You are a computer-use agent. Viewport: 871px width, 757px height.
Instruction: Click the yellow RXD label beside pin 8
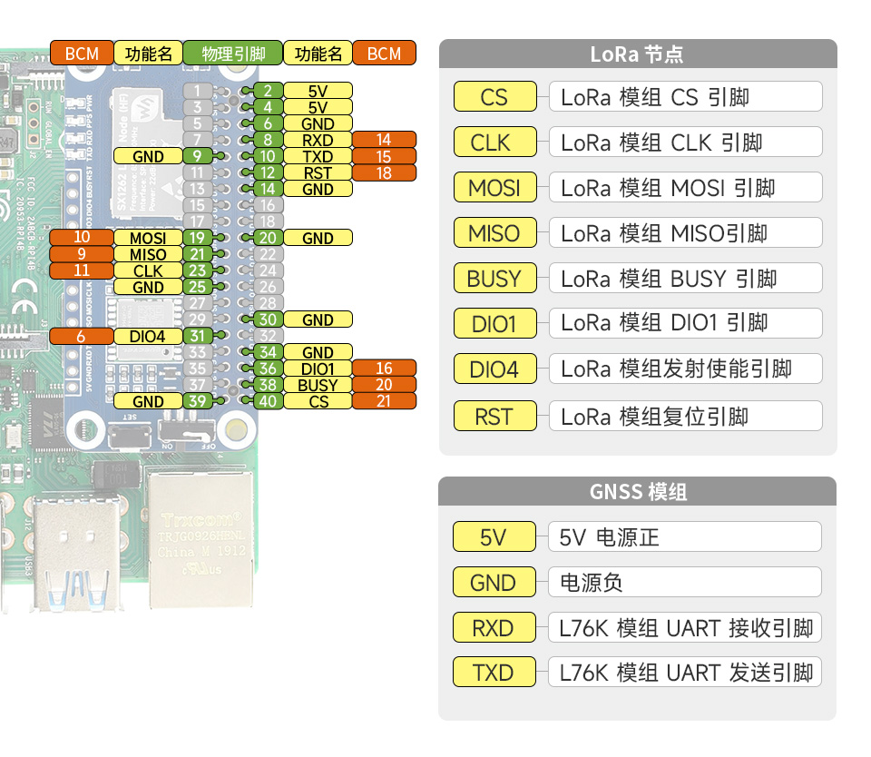[x=318, y=140]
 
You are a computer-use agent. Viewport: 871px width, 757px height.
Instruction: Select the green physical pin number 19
[x=197, y=238]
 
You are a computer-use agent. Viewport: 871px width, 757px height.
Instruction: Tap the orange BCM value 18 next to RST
[x=384, y=172]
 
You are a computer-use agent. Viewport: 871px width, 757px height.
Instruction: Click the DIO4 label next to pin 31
[x=148, y=336]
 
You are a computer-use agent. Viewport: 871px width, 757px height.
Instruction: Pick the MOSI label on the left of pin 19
[x=148, y=238]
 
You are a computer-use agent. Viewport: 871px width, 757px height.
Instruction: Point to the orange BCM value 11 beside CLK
[x=82, y=270]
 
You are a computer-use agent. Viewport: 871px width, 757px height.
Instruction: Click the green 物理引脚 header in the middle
[x=233, y=54]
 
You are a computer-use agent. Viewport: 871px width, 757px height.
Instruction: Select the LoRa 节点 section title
[x=637, y=54]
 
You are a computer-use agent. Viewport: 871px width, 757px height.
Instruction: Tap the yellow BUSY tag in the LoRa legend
[x=494, y=279]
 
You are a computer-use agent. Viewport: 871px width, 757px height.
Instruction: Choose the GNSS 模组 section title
[x=637, y=492]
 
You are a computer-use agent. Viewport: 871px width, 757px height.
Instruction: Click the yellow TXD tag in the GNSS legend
[x=494, y=673]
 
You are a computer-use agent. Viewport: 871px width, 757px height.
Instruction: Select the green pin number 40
[x=268, y=401]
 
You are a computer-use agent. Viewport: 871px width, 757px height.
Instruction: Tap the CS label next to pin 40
[x=318, y=401]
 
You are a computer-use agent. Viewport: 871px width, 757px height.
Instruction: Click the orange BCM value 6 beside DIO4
[x=82, y=336]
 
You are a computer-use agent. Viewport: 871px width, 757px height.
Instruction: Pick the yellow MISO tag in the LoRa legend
[x=494, y=233]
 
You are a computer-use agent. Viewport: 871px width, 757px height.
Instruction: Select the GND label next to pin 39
[x=148, y=401]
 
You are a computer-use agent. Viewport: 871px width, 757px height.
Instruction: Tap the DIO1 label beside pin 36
[x=318, y=369]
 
